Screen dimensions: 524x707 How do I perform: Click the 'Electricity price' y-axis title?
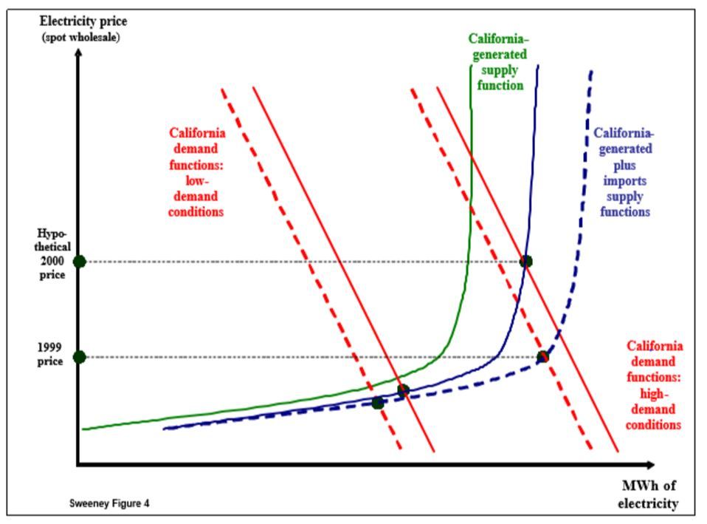pyautogui.click(x=83, y=21)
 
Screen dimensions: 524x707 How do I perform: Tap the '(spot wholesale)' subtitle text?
pyautogui.click(x=80, y=37)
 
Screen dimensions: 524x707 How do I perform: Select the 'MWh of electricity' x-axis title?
pyautogui.click(x=649, y=494)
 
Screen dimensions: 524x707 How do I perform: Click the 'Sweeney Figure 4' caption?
pyautogui.click(x=109, y=503)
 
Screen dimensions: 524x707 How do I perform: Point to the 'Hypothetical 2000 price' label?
pyautogui.click(x=53, y=254)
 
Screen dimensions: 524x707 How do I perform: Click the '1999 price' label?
pyautogui.click(x=50, y=354)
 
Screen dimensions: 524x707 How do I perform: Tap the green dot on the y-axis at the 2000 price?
pyautogui.click(x=80, y=262)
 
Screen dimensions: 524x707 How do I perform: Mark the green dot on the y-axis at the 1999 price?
pyautogui.click(x=80, y=357)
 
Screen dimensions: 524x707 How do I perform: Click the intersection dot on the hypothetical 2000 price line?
pyautogui.click(x=525, y=261)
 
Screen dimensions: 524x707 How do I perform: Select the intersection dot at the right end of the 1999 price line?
pyautogui.click(x=542, y=357)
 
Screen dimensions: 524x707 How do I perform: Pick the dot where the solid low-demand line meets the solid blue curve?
pyautogui.click(x=403, y=390)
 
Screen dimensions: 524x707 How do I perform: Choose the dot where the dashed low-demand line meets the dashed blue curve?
pyautogui.click(x=378, y=403)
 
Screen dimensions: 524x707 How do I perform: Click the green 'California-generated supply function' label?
pyautogui.click(x=498, y=62)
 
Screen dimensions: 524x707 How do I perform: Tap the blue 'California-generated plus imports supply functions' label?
pyautogui.click(x=624, y=172)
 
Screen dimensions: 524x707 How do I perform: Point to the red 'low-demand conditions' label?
pyautogui.click(x=197, y=172)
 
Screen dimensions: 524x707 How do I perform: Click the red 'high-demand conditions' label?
pyautogui.click(x=654, y=385)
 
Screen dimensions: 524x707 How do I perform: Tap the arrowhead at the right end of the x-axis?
pyautogui.click(x=650, y=465)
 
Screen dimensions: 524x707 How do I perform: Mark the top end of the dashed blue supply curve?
pyautogui.click(x=592, y=71)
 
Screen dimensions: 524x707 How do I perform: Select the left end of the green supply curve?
pyautogui.click(x=83, y=429)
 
